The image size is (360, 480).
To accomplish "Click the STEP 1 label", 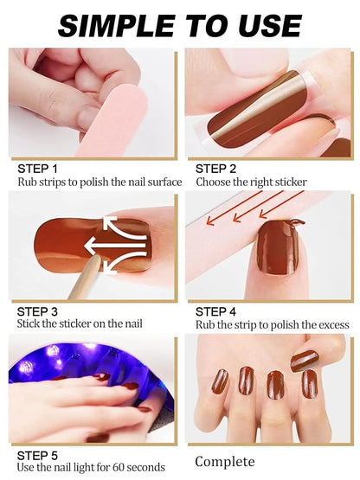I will click(x=37, y=169).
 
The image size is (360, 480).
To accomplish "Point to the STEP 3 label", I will click(x=37, y=310).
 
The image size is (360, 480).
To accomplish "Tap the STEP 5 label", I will click(x=37, y=454).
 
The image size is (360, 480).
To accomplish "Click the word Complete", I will click(x=225, y=462).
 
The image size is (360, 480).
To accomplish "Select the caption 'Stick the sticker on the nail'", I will click(x=80, y=323).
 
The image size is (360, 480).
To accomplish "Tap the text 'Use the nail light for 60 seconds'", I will click(x=91, y=467).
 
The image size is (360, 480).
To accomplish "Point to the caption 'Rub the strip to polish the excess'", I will click(x=273, y=325).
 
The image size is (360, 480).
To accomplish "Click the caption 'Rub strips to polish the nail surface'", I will click(x=100, y=182).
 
